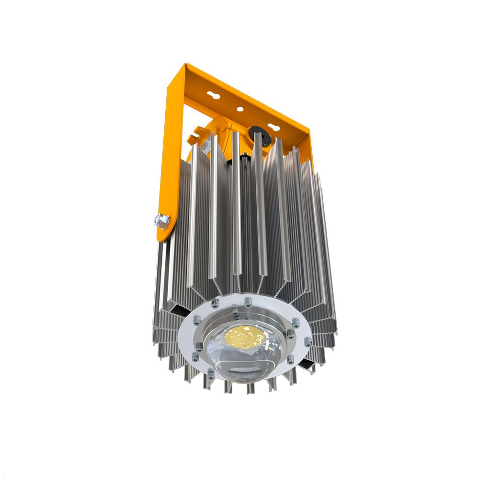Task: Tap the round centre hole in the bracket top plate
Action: click(239, 109)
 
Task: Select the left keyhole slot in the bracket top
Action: click(215, 96)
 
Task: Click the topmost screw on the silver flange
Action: click(247, 301)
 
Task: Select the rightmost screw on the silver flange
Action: click(308, 341)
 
